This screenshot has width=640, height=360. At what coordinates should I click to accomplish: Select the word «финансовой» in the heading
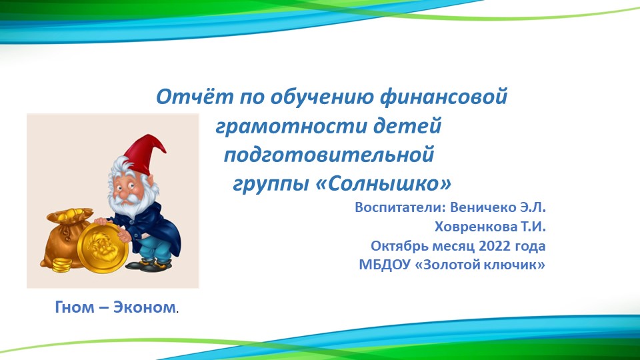coord(443,97)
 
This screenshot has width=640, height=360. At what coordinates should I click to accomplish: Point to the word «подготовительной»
coord(329,155)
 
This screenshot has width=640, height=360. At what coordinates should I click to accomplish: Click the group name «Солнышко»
coord(384,184)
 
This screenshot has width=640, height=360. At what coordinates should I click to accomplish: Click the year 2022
coord(494,246)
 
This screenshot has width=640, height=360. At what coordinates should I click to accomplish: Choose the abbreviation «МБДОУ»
coord(385,265)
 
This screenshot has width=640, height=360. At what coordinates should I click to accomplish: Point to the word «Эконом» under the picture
coord(145,307)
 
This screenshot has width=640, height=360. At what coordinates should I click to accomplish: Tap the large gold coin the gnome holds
coord(103,246)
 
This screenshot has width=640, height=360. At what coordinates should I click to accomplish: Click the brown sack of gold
coord(65,237)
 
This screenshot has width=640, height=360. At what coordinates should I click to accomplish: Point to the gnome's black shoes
coord(149,266)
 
